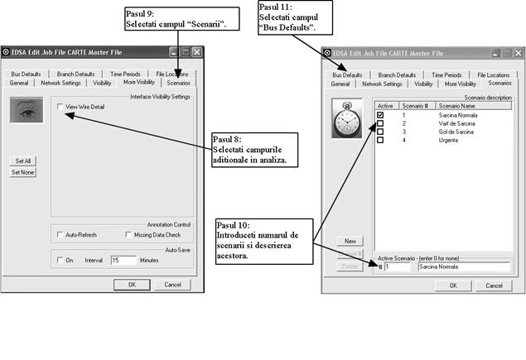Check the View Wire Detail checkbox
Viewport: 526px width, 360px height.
pos(60,108)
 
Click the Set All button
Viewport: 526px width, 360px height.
pos(22,160)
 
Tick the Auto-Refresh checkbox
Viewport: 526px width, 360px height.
pos(60,234)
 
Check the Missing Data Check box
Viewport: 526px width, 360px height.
pos(128,234)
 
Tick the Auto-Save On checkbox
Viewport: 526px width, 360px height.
pos(60,260)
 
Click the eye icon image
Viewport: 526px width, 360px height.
pos(27,109)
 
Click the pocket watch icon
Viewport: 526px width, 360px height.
pos(348,119)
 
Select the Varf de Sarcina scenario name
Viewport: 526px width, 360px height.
pos(456,123)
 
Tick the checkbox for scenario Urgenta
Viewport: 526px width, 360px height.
pos(380,140)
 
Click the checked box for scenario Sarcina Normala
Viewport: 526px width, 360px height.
pos(380,115)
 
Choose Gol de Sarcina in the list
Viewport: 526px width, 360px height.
pos(455,132)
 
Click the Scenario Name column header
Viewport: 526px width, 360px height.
pos(457,106)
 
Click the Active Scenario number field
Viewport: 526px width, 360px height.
pos(398,267)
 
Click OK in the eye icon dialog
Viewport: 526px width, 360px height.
pos(132,285)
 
